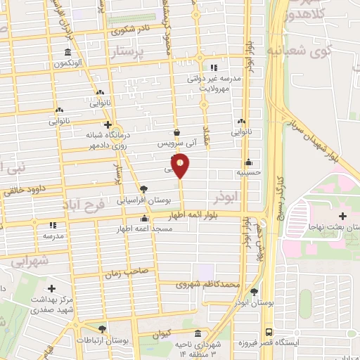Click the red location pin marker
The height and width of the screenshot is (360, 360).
tap(181, 166)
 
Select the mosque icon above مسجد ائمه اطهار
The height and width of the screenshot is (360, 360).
tap(144, 219)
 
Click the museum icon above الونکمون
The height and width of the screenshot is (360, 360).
tap(67, 53)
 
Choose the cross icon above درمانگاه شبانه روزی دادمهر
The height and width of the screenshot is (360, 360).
tap(107, 124)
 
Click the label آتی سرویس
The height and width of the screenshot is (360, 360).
tap(173, 143)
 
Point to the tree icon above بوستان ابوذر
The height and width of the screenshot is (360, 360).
tap(254, 292)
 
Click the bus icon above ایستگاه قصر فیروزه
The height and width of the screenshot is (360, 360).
tap(269, 333)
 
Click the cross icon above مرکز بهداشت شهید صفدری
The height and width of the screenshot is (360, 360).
tap(51, 288)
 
